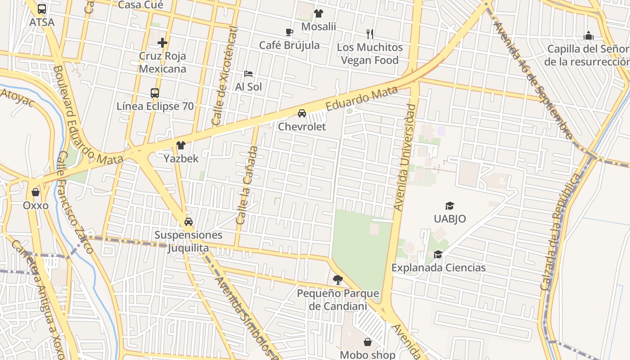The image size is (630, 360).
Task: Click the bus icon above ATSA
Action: click(x=42, y=9)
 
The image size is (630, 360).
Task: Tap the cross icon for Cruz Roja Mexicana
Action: click(x=162, y=43)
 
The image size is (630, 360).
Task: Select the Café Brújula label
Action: click(x=289, y=45)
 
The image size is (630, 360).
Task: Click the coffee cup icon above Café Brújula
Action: click(x=289, y=32)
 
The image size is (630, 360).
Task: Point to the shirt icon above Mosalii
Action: click(x=319, y=13)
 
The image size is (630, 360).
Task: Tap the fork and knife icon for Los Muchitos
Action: click(x=370, y=34)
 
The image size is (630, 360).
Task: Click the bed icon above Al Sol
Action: click(x=248, y=73)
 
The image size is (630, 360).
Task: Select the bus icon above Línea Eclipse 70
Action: click(x=155, y=93)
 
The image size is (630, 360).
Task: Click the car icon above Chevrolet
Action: click(x=302, y=113)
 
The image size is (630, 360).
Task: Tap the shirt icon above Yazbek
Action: click(x=181, y=145)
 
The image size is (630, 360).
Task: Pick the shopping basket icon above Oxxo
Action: click(x=36, y=192)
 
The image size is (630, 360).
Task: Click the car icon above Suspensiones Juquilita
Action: click(x=189, y=221)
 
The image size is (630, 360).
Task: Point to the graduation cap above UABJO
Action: click(x=450, y=206)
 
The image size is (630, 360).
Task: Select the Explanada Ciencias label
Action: click(x=438, y=268)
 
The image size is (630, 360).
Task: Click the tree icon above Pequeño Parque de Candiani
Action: click(x=338, y=280)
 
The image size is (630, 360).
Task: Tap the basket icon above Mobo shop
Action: click(x=368, y=342)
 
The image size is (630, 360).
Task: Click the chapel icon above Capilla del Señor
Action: click(x=589, y=36)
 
